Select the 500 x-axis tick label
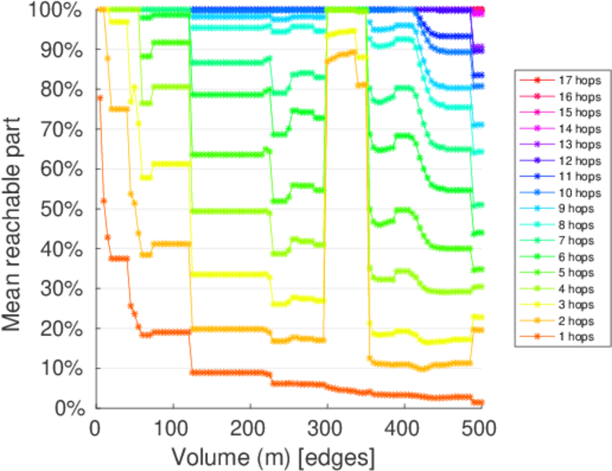[x=480, y=428]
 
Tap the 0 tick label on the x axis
[x=96, y=428]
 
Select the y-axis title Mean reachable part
[x=17, y=208]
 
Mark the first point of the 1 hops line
[x=100, y=97]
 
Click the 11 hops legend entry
[x=580, y=177]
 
